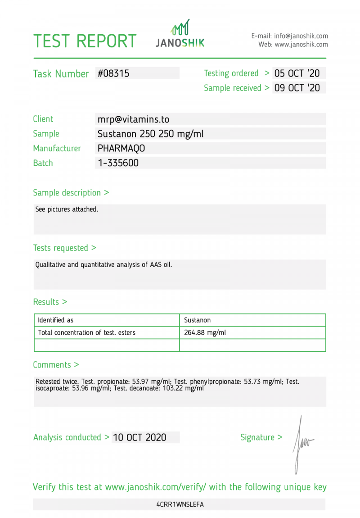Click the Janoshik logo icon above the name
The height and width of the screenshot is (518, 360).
[180, 27]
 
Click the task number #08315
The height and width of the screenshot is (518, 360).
[113, 73]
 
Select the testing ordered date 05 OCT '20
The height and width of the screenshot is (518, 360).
[297, 73]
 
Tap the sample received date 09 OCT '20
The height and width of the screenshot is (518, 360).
[297, 88]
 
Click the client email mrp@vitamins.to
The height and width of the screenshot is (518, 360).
[133, 119]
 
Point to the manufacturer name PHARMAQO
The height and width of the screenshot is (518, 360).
[121, 148]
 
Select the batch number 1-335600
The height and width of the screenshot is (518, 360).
[118, 163]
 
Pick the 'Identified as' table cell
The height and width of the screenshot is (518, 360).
[55, 320]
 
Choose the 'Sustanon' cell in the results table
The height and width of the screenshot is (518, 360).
[197, 320]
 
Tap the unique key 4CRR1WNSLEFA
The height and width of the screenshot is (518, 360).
[180, 504]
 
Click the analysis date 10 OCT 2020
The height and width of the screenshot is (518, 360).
[139, 437]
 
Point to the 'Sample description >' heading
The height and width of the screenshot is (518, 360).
[71, 193]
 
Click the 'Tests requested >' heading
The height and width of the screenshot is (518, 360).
[64, 248]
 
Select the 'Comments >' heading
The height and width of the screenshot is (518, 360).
[56, 365]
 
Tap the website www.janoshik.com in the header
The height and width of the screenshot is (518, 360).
[301, 45]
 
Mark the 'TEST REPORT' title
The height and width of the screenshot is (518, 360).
[85, 41]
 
